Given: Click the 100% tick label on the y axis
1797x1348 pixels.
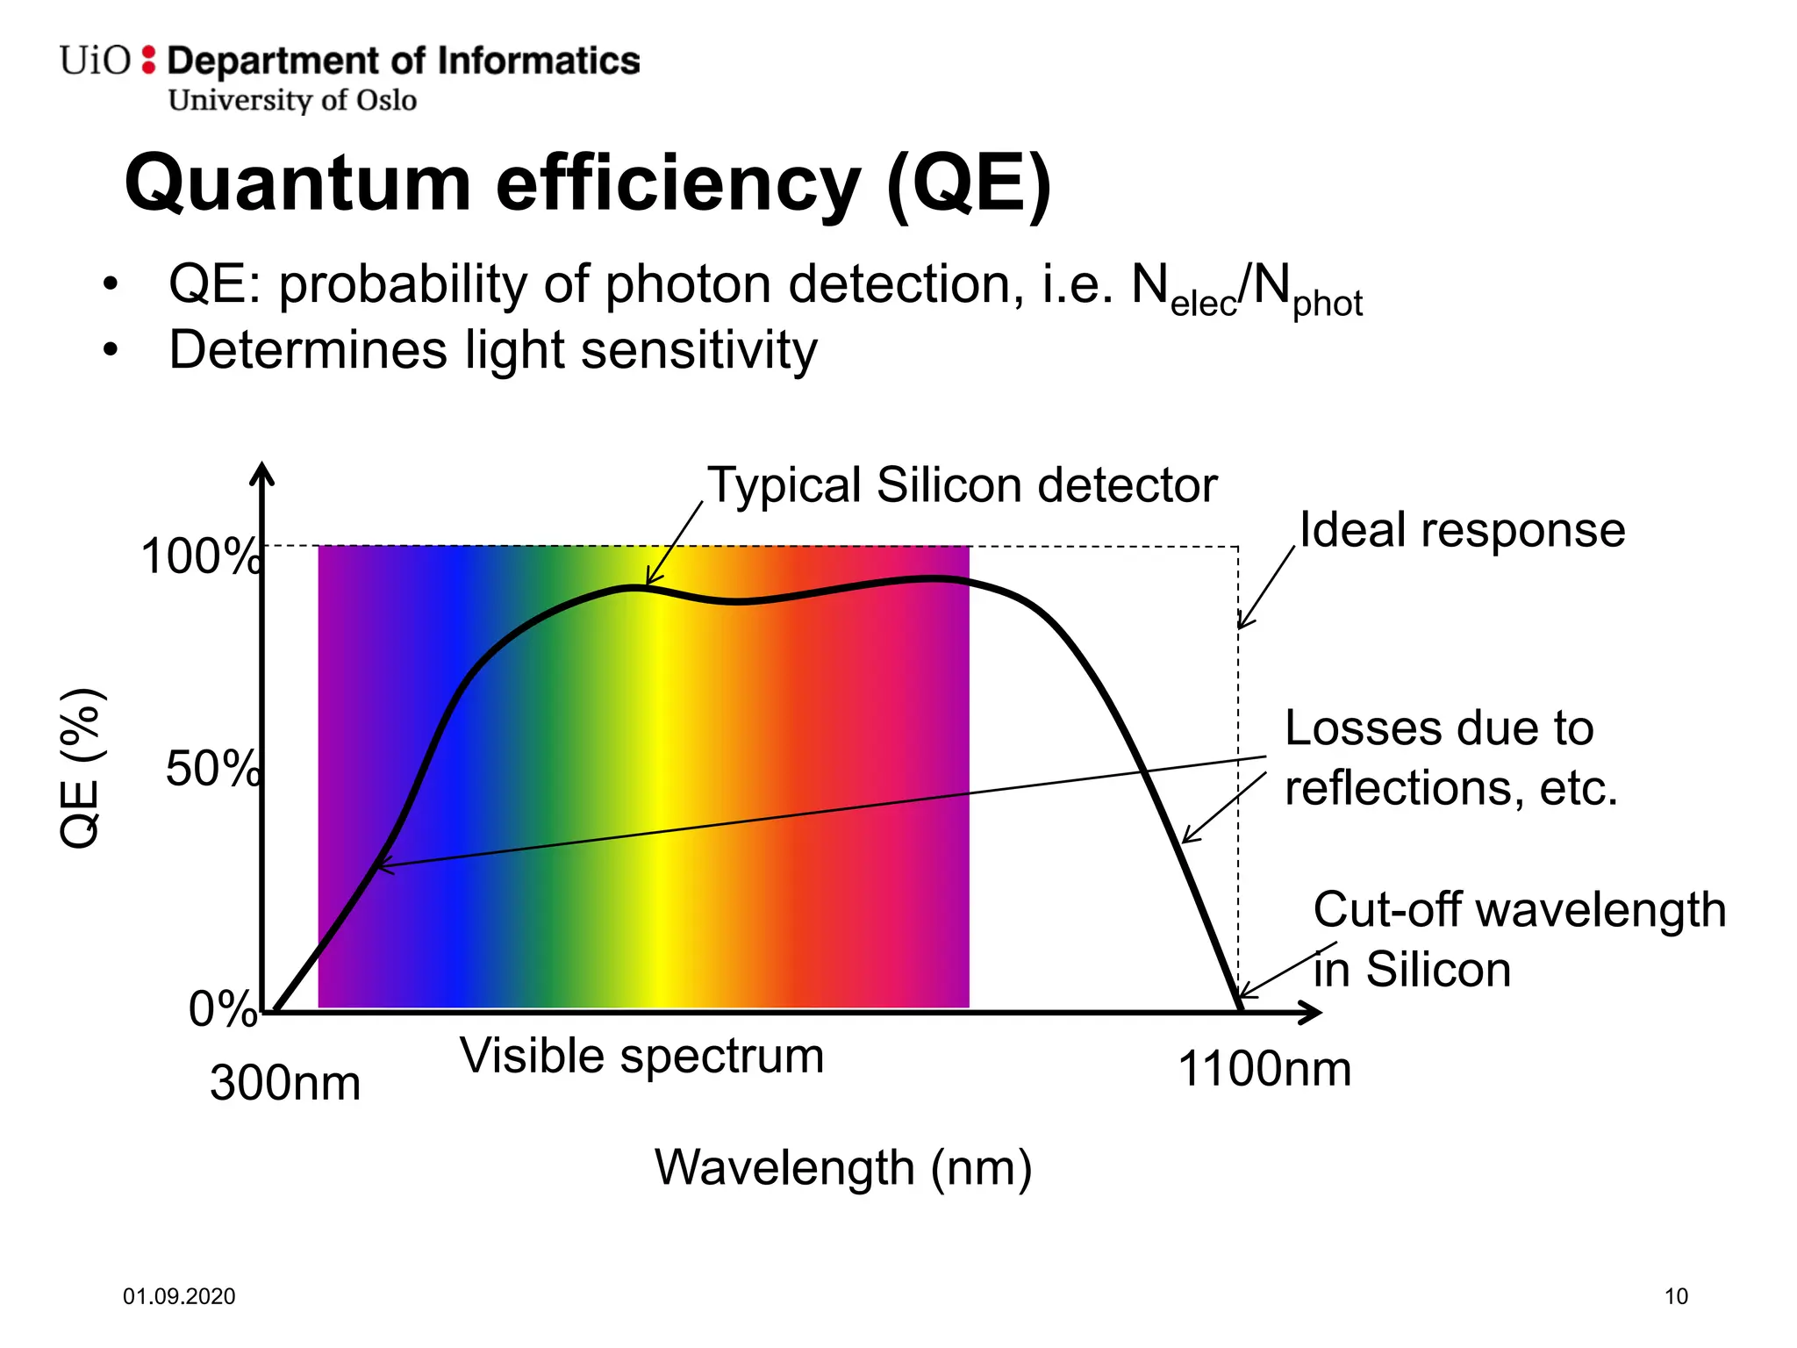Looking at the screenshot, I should pyautogui.click(x=200, y=556).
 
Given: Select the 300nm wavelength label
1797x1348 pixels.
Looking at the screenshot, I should pyautogui.click(x=285, y=1083).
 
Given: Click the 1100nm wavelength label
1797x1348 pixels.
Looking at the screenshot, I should pyautogui.click(x=1264, y=1070).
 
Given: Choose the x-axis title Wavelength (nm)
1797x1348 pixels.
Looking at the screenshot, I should pyautogui.click(x=843, y=1168).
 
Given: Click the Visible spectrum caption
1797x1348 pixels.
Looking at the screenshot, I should pyautogui.click(x=641, y=1056).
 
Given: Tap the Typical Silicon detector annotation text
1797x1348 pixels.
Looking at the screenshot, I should pyautogui.click(x=963, y=485).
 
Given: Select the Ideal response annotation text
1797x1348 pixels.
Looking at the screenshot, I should pyautogui.click(x=1462, y=530).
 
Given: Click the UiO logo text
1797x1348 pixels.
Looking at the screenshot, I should pyautogui.click(x=95, y=61).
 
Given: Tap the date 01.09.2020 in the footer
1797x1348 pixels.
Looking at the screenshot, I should pyautogui.click(x=179, y=1296).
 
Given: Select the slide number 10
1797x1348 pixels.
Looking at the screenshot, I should pyautogui.click(x=1676, y=1296).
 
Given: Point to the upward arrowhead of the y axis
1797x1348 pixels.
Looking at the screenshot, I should pyautogui.click(x=261, y=474).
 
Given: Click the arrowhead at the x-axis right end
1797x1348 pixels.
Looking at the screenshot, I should pyautogui.click(x=1311, y=1013).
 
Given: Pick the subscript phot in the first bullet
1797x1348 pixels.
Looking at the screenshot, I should pyautogui.click(x=1327, y=304).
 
